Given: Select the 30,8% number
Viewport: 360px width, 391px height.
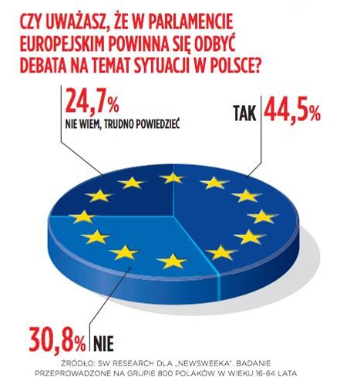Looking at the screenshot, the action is pyautogui.click(x=57, y=339).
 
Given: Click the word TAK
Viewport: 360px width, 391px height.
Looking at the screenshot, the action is pyautogui.click(x=245, y=113).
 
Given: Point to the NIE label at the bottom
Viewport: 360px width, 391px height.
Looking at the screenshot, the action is pyautogui.click(x=103, y=343).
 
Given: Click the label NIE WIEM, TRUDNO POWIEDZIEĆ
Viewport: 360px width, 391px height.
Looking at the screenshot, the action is pyautogui.click(x=123, y=124).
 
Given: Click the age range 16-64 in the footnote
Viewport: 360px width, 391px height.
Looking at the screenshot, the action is pyautogui.click(x=268, y=373).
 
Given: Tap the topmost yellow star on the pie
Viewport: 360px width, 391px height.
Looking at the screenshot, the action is pyautogui.click(x=172, y=177).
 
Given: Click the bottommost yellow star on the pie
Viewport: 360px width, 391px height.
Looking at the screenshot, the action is pyautogui.click(x=172, y=261).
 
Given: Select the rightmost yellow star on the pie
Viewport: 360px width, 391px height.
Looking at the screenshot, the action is pyautogui.click(x=262, y=217).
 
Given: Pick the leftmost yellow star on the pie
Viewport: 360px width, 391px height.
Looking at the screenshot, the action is pyautogui.click(x=82, y=217).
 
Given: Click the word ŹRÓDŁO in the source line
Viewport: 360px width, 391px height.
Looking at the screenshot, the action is pyautogui.click(x=76, y=363).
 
